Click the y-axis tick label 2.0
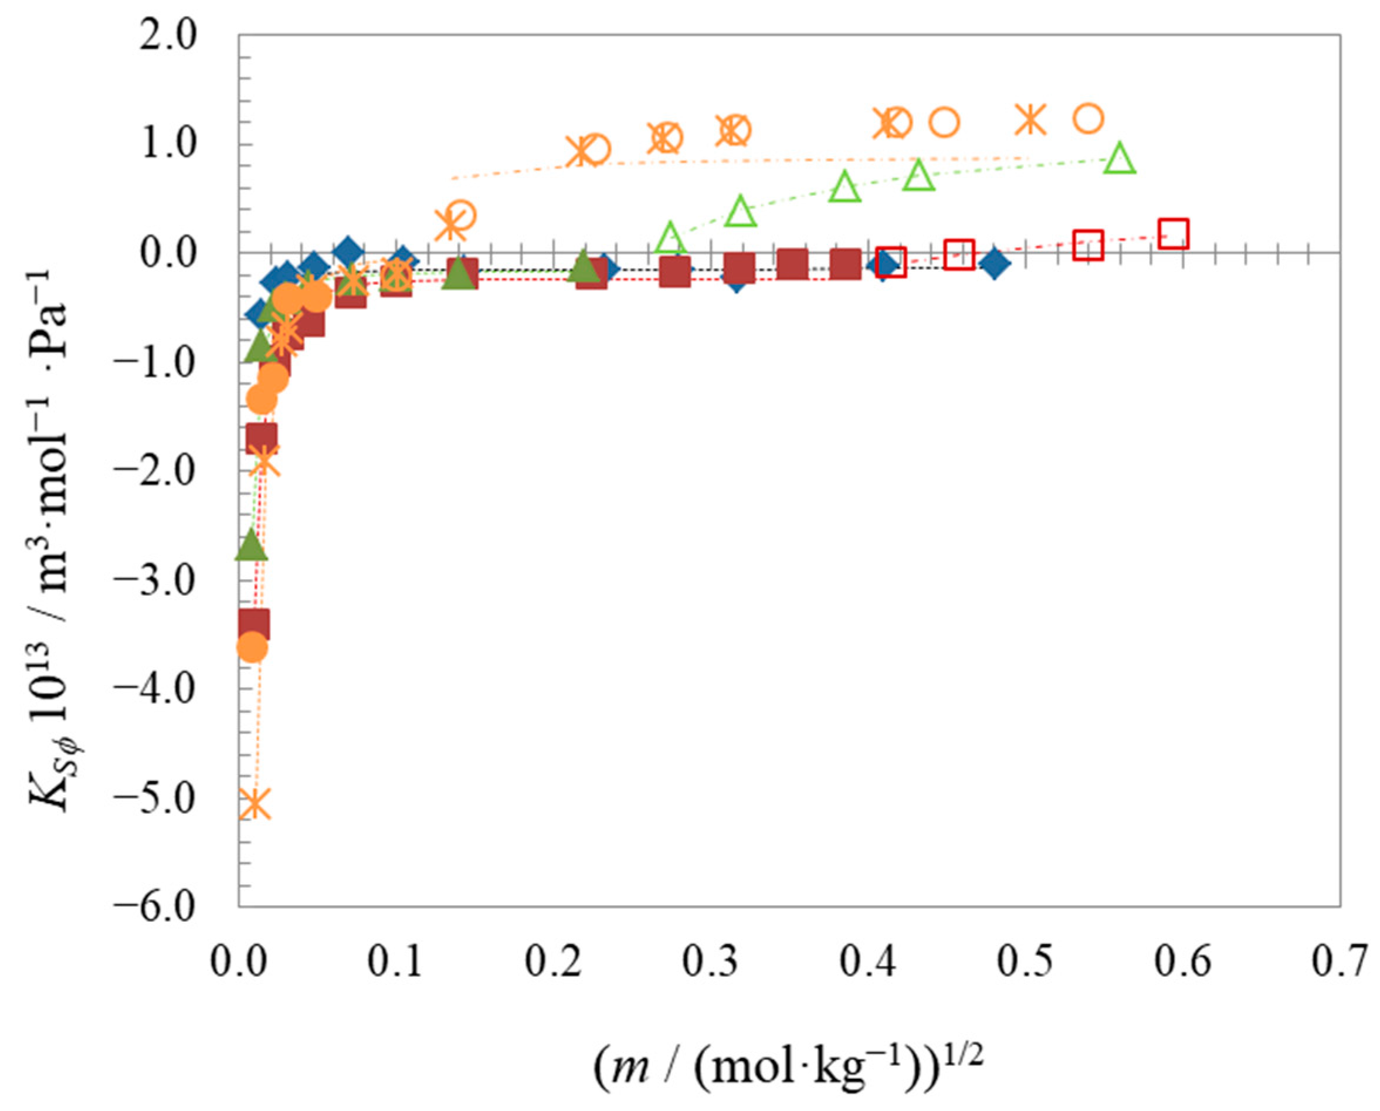click(169, 36)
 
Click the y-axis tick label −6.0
click(155, 906)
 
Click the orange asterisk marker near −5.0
click(255, 803)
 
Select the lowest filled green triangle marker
click(250, 545)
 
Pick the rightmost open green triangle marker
click(1119, 159)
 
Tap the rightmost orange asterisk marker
click(1030, 120)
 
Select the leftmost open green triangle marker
click(670, 237)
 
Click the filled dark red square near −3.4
click(254, 623)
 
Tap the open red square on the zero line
click(959, 254)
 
